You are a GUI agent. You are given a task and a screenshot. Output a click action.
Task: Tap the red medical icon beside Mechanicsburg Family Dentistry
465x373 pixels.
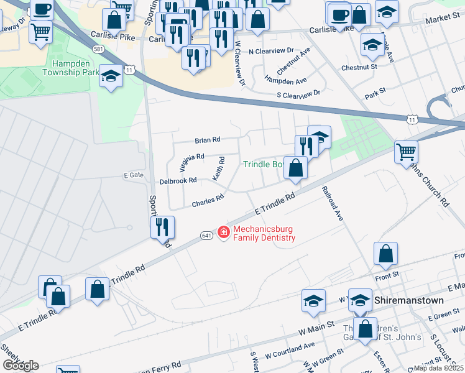[223, 233]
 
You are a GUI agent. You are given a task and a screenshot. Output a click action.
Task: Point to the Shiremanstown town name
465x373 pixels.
[410, 300]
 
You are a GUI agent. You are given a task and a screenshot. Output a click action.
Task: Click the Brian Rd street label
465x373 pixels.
[208, 140]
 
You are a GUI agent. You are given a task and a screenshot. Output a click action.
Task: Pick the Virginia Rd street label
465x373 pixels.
[191, 162]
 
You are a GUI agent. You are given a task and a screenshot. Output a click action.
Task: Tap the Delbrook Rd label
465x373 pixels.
[178, 180]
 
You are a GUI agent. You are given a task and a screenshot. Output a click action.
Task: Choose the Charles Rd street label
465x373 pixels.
[208, 201]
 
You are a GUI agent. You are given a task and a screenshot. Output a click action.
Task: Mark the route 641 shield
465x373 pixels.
[207, 235]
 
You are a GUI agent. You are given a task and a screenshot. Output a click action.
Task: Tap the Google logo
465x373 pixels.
[20, 365]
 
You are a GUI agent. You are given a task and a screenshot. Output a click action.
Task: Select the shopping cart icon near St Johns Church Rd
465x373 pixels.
[406, 150]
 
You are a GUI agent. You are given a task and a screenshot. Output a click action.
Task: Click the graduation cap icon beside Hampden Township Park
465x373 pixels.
[111, 76]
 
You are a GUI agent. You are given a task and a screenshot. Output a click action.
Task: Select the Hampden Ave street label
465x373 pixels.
[285, 81]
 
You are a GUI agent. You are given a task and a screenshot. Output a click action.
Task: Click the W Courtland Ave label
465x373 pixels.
[290, 349]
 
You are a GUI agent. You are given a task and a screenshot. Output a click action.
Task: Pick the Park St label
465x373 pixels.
[376, 91]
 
